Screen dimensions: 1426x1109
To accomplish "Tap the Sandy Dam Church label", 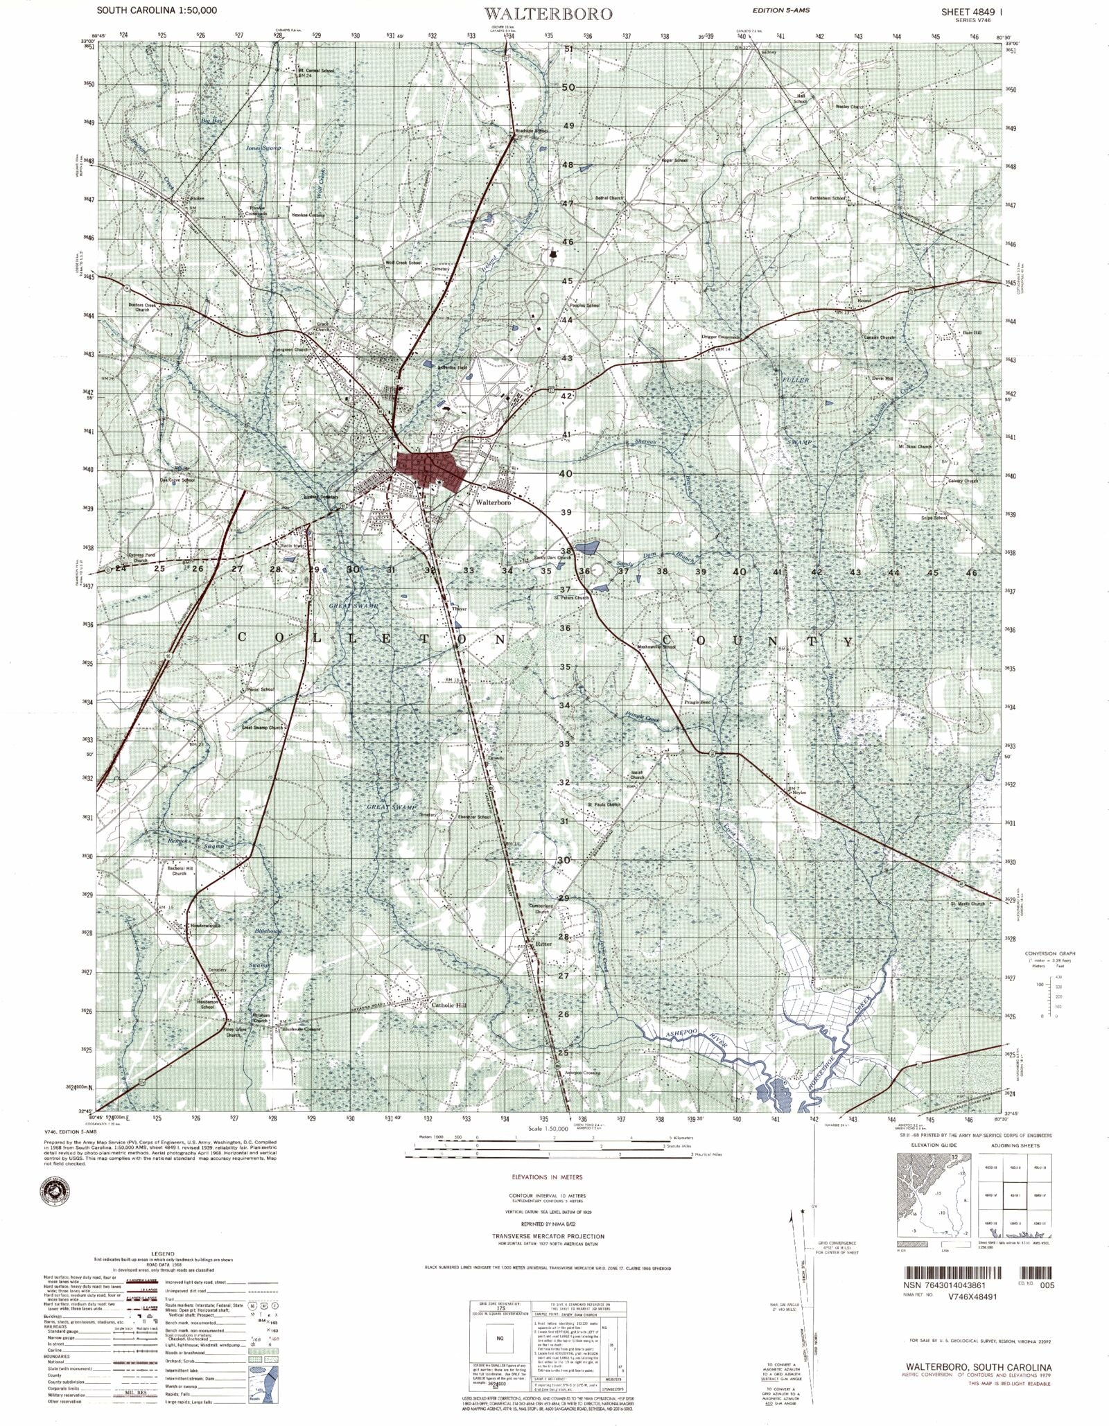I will click(x=552, y=558).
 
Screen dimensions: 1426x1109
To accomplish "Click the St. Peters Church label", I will click(x=571, y=598).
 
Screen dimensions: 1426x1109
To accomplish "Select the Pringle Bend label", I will click(x=697, y=702).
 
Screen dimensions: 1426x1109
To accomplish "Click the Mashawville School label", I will click(x=655, y=647).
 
